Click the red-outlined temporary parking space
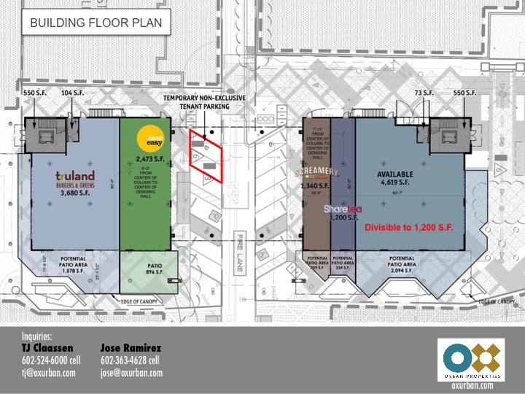click(206, 152)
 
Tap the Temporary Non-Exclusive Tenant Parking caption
click(205, 101)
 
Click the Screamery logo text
click(316, 172)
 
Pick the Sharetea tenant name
click(342, 208)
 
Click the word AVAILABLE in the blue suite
click(394, 174)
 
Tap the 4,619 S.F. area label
click(394, 184)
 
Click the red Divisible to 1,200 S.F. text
click(409, 228)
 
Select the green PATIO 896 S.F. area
click(149, 270)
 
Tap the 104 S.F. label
click(73, 93)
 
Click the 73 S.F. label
click(424, 93)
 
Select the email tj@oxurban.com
click(49, 373)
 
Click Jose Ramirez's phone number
click(130, 360)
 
